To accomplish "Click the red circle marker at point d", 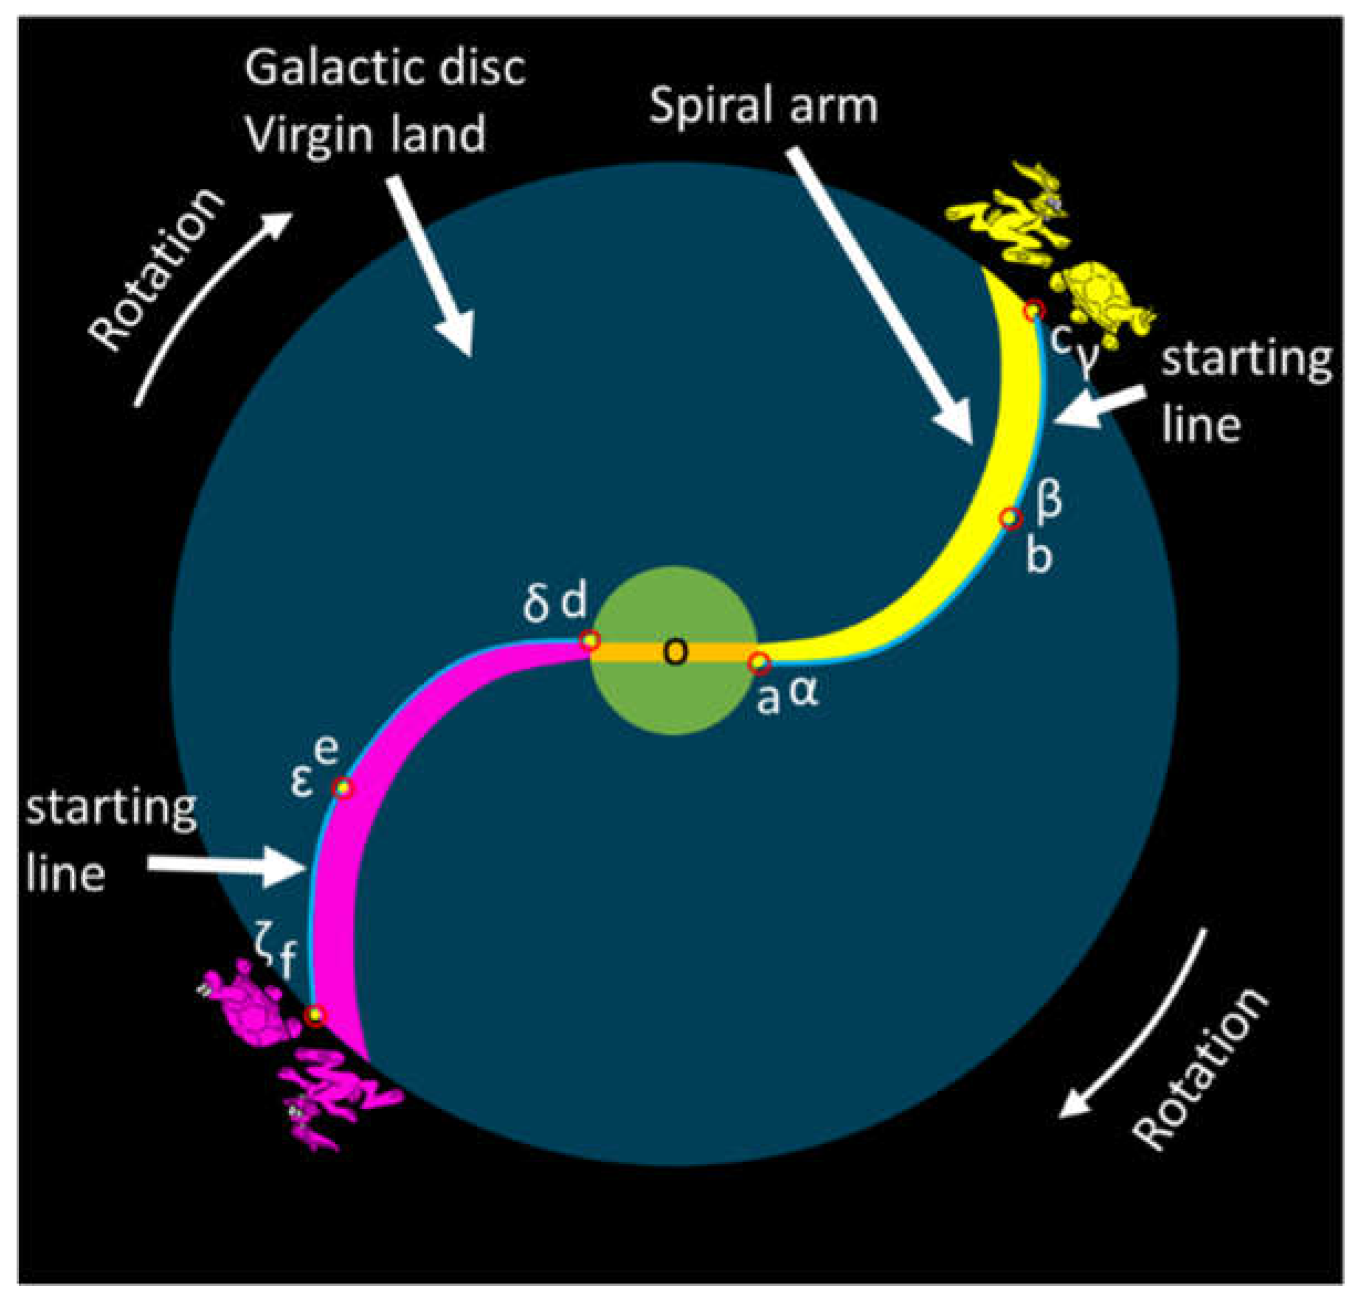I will [590, 640].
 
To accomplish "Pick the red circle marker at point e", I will [342, 788].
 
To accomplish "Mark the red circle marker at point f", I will [315, 1015].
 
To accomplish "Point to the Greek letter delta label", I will [535, 604].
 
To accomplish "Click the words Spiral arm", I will [763, 107].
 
